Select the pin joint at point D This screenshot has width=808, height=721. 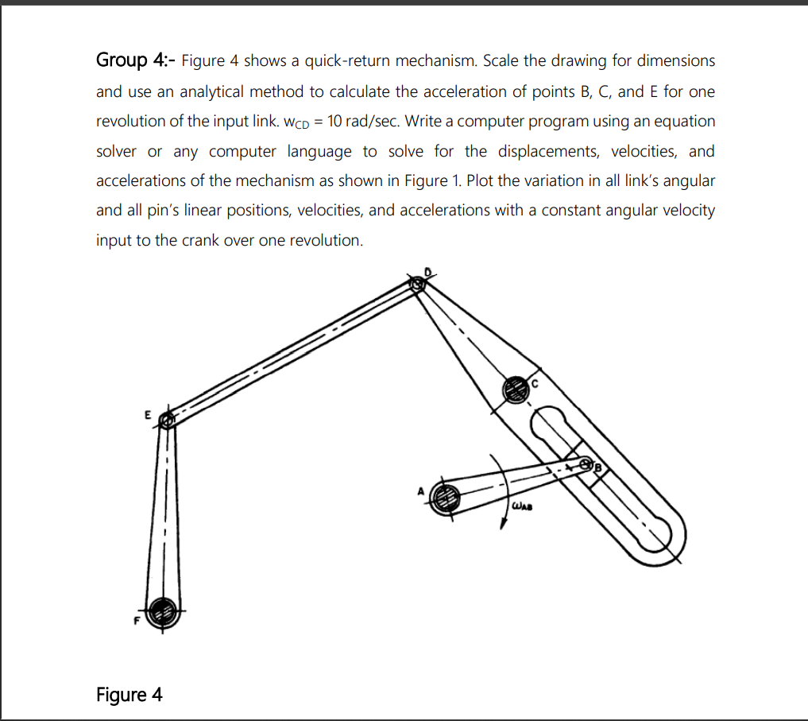pyautogui.click(x=417, y=283)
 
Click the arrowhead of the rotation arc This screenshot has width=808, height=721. pyautogui.click(x=502, y=523)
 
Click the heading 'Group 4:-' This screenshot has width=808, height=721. pyautogui.click(x=136, y=60)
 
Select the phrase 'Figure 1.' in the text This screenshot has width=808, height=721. pyautogui.click(x=435, y=180)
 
